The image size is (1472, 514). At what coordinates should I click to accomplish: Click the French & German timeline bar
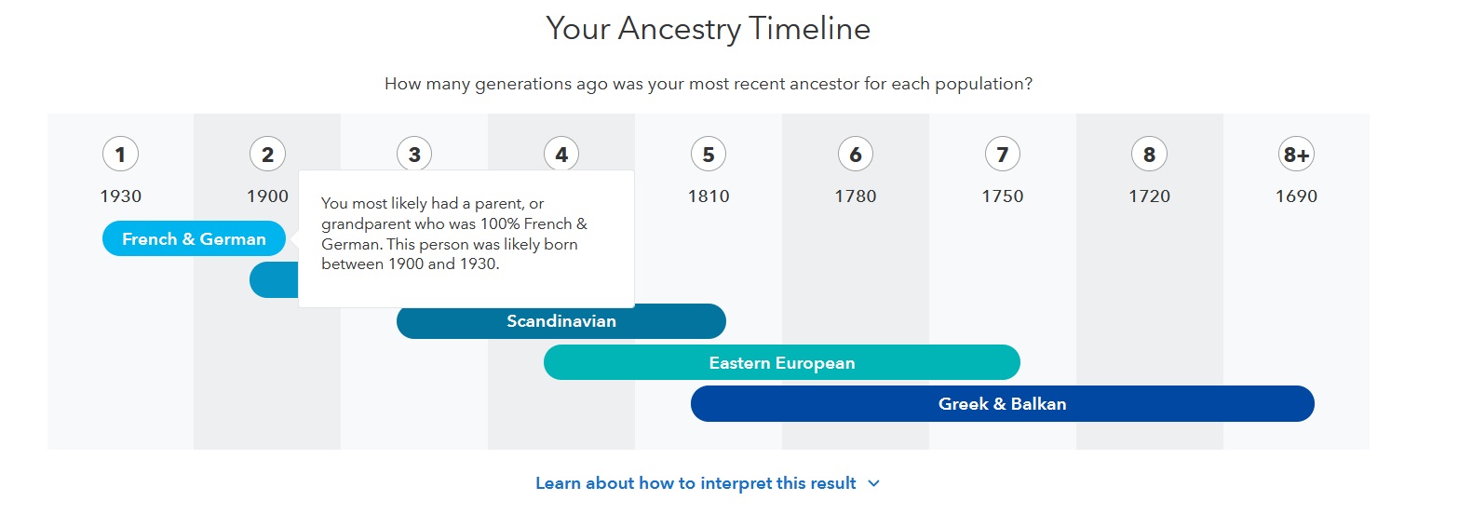click(194, 239)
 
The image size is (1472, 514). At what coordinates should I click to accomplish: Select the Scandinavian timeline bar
click(560, 321)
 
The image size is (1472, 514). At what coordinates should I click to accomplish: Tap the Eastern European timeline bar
click(781, 363)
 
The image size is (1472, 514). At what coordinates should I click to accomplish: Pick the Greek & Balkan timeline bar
click(1002, 404)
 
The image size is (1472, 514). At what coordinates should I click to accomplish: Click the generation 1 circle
click(120, 155)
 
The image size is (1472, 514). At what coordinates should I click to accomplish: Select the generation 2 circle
click(267, 155)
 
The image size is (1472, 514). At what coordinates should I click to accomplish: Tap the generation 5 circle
click(709, 155)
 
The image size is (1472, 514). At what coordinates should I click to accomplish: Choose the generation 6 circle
click(856, 155)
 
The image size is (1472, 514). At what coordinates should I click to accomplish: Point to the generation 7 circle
click(1003, 155)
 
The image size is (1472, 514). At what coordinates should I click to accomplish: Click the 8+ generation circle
click(1296, 155)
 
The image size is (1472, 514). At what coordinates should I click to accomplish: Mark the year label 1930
click(121, 196)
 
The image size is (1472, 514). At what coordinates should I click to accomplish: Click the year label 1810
click(709, 196)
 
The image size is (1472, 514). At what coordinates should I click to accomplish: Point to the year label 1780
click(856, 196)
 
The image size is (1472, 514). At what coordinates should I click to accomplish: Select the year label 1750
click(1003, 196)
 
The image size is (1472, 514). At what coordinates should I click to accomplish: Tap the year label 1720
click(1150, 196)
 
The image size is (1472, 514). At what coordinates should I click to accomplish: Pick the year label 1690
click(1296, 196)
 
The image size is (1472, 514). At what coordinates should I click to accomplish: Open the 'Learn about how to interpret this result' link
click(695, 483)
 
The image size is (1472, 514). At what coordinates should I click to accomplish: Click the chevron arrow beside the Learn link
click(873, 483)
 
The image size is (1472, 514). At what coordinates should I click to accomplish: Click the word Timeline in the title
click(809, 29)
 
